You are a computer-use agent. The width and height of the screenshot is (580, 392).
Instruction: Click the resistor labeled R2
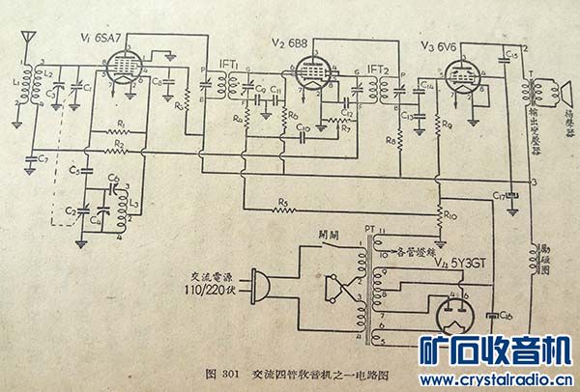click(x=119, y=151)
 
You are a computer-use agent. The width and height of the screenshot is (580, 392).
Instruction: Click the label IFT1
click(x=230, y=65)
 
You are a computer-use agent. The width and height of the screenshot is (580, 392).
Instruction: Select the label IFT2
click(x=378, y=70)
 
